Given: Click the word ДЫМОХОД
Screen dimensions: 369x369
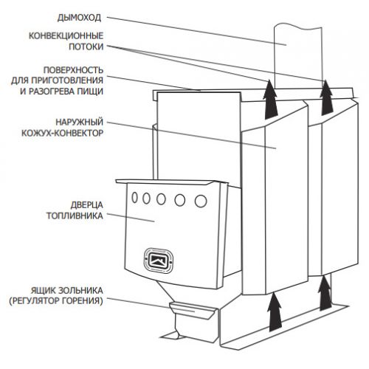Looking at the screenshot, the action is pyautogui.click(x=79, y=18).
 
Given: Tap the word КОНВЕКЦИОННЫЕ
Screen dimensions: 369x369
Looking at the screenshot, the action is pyautogui.click(x=66, y=35).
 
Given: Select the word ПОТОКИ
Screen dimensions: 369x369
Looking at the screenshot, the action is pyautogui.click(x=86, y=46).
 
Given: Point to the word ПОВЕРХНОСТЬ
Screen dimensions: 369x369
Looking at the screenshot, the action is pyautogui.click(x=73, y=70).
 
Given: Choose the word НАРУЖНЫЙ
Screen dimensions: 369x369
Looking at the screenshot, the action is pyautogui.click(x=79, y=122).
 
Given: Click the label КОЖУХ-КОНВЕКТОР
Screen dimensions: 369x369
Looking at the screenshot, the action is pyautogui.click(x=63, y=133).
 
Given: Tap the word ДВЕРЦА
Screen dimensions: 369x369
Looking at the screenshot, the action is pyautogui.click(x=87, y=204).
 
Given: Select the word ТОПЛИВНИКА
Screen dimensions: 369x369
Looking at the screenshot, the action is pyautogui.click(x=75, y=215).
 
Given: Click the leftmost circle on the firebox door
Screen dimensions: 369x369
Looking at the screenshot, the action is pyautogui.click(x=134, y=197).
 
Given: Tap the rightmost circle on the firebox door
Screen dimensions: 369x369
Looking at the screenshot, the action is pyautogui.click(x=201, y=201).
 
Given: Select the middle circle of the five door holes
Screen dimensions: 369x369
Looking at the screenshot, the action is pyautogui.click(x=161, y=199).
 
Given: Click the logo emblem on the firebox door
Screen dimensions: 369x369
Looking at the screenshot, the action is pyautogui.click(x=159, y=261).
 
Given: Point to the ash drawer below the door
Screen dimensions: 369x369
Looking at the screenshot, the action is pyautogui.click(x=193, y=310).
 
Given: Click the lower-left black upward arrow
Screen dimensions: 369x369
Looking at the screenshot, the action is pyautogui.click(x=275, y=311).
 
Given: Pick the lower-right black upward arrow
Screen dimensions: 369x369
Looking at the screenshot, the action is pyautogui.click(x=325, y=293).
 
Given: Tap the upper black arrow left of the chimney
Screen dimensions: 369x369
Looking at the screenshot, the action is pyautogui.click(x=271, y=100).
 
